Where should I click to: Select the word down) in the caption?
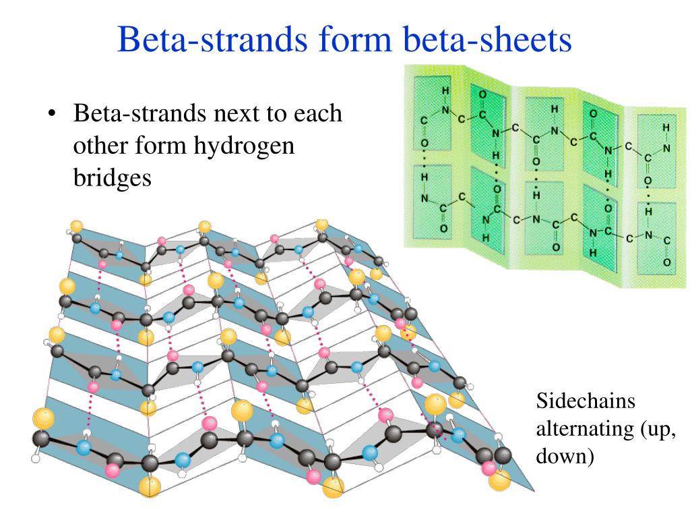[565, 456]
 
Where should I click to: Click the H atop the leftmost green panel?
[444, 90]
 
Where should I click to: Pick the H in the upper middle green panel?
[555, 109]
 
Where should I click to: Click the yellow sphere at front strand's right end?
[499, 481]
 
